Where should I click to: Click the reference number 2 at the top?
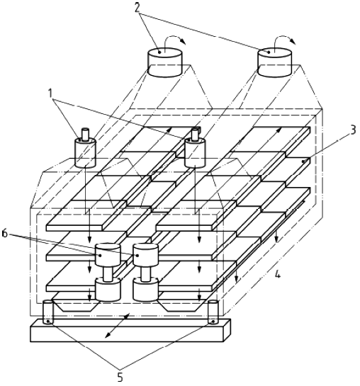click(137, 7)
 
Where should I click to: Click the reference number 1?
click(51, 93)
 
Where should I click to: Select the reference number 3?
click(352, 130)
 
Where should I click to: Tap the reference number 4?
click(277, 274)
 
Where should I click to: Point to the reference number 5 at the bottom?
click(120, 376)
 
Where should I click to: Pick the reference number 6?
click(5, 234)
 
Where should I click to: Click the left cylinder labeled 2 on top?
click(164, 62)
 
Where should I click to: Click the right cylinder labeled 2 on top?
click(274, 62)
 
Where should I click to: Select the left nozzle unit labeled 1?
click(85, 148)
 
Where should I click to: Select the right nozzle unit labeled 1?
click(195, 148)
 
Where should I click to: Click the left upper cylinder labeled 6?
click(108, 256)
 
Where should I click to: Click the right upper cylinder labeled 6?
click(145, 256)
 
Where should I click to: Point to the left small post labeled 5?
click(47, 312)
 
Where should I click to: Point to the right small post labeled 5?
click(213, 312)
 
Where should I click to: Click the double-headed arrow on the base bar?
click(117, 325)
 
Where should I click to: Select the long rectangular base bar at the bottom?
click(130, 330)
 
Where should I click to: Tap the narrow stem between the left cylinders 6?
click(108, 274)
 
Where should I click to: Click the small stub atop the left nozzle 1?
click(85, 135)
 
